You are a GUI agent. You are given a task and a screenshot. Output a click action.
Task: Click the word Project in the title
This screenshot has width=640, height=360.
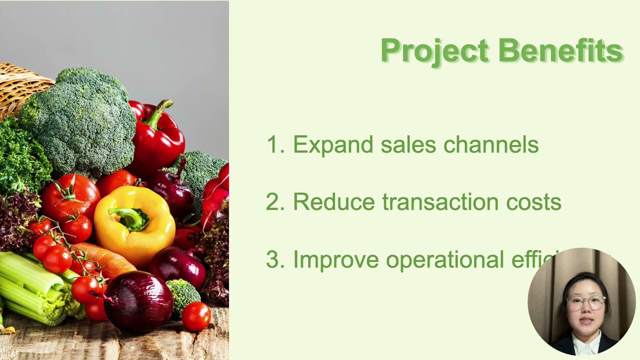coord(434,51)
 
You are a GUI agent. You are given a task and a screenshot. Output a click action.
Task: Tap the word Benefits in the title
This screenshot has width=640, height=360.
coord(560,51)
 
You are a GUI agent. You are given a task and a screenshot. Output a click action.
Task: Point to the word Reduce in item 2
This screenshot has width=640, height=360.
coord(333,202)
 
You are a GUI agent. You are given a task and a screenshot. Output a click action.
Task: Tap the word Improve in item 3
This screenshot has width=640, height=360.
coord(335,260)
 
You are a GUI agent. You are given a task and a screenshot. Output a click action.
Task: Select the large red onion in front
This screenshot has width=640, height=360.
coord(138,302)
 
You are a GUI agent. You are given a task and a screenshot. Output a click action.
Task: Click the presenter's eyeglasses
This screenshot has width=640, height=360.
coord(585,302)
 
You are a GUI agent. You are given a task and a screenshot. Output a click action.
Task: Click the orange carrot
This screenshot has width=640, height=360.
coord(105,257)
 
